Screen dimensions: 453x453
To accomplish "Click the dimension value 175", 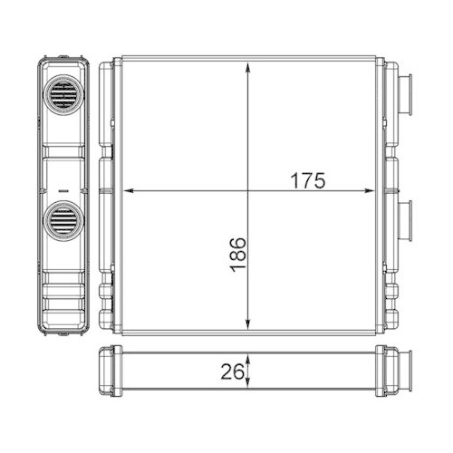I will [307, 179].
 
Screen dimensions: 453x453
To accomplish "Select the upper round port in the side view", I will [64, 94].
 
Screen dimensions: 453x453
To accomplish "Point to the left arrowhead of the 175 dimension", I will [128, 191].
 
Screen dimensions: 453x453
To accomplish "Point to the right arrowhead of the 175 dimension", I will [372, 191].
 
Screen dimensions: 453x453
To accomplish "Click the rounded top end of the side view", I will [64, 63].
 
